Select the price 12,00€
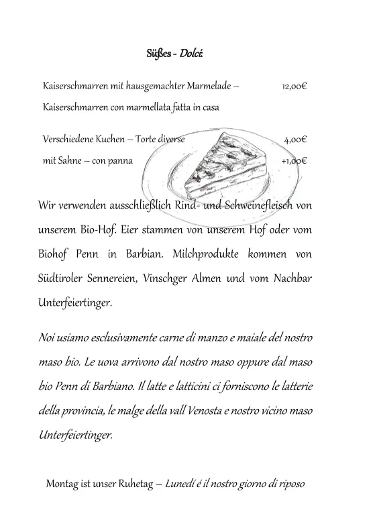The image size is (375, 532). click(294, 87)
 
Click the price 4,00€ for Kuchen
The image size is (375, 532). click(295, 140)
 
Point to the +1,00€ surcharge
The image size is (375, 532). click(294, 161)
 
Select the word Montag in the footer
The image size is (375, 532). click(62, 484)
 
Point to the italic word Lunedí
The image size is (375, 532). click(181, 484)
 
